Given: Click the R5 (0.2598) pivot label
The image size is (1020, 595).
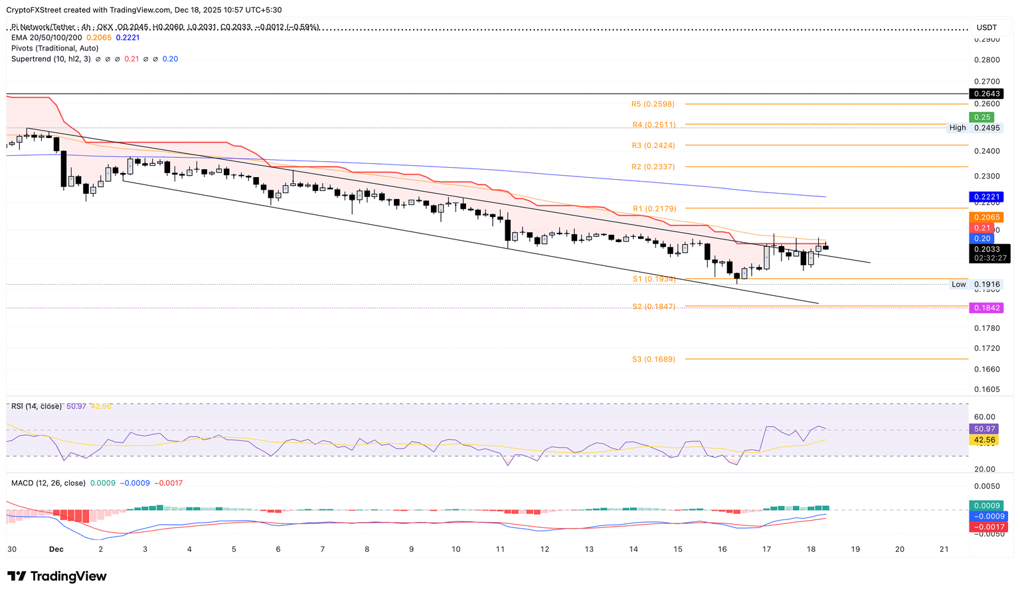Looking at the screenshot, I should (x=653, y=104).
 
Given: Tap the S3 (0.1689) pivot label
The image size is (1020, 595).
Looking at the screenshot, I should (x=653, y=360).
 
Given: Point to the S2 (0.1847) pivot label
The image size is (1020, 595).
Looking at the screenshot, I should (x=653, y=306).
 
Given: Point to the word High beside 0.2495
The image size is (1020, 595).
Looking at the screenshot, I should (x=958, y=128).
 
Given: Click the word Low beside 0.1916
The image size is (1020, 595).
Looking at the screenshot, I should (x=958, y=285).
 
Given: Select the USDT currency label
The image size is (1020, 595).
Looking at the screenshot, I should (x=987, y=27).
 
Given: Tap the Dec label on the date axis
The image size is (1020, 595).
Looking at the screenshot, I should (x=56, y=549).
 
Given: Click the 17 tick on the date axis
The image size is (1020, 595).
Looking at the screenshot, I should (x=766, y=549).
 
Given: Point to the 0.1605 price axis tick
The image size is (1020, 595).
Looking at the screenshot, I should (x=986, y=389).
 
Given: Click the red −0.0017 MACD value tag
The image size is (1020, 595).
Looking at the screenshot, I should (x=988, y=527).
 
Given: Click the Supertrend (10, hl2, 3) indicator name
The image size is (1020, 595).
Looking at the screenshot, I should (x=50, y=59).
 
